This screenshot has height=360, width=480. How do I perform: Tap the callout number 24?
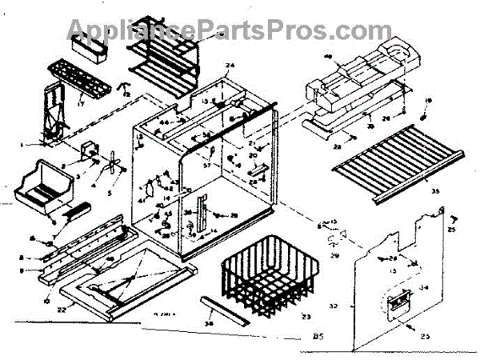click(x=230, y=65)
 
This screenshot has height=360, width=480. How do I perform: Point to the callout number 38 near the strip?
click(x=210, y=325)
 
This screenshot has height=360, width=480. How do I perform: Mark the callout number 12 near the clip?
click(x=127, y=94)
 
